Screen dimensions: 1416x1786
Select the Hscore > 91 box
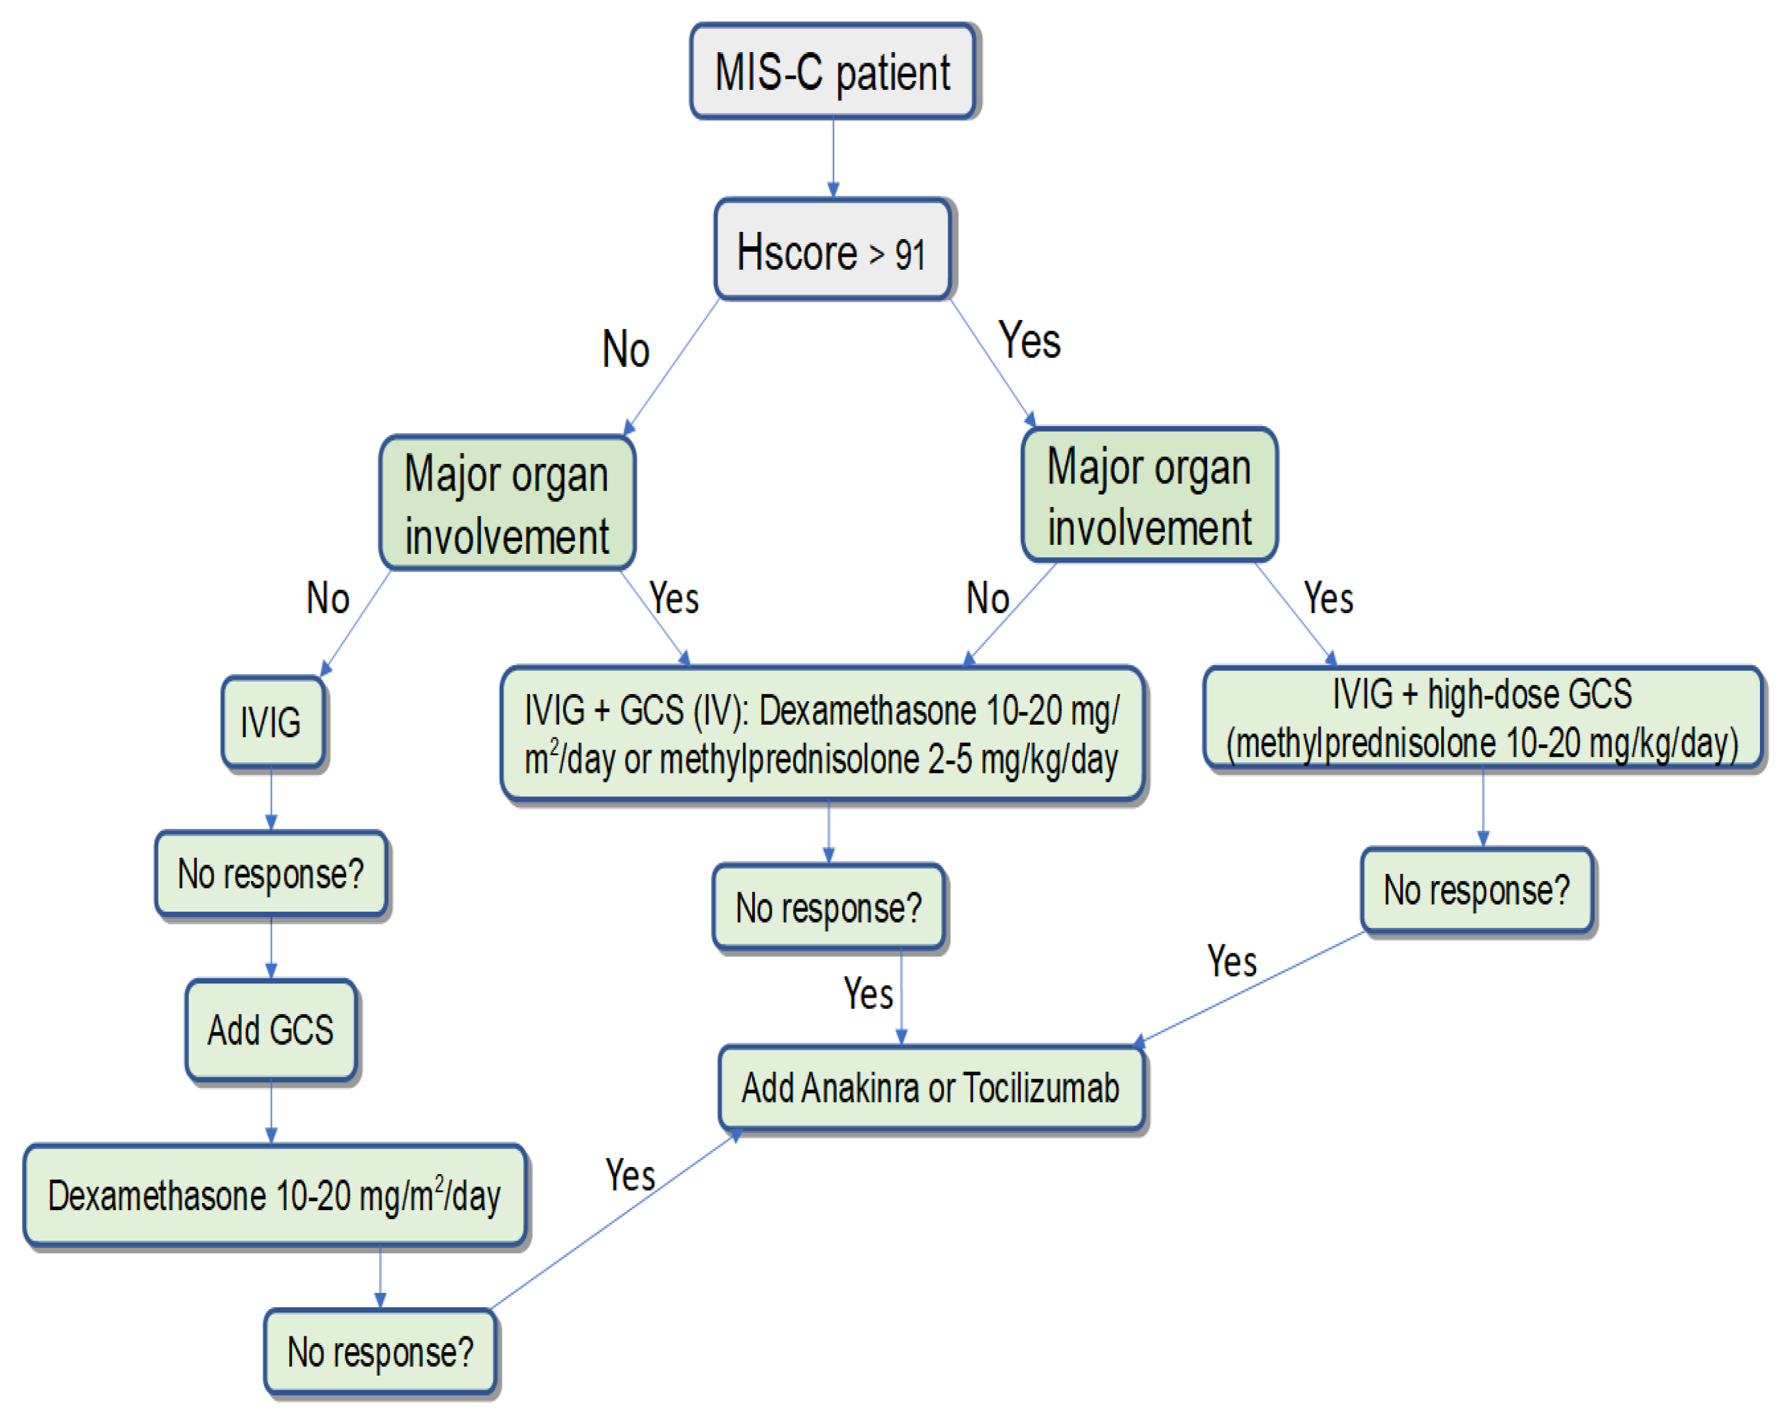(x=832, y=250)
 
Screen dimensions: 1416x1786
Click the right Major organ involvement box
(x=1150, y=496)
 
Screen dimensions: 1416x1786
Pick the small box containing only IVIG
(x=272, y=722)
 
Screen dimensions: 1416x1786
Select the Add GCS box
(x=271, y=1030)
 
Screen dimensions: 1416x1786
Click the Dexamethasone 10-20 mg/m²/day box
(x=275, y=1196)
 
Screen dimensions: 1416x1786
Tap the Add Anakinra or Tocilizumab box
(x=931, y=1088)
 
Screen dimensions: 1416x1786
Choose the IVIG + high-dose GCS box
(x=1483, y=717)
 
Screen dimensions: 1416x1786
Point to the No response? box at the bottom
(x=380, y=1351)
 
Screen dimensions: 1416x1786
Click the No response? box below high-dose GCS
(x=1477, y=890)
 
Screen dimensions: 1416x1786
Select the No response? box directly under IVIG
(x=271, y=874)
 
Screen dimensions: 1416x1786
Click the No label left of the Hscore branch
(x=626, y=349)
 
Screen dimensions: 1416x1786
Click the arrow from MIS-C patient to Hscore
(x=833, y=157)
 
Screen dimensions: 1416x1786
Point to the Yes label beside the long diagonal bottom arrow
(x=630, y=1174)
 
